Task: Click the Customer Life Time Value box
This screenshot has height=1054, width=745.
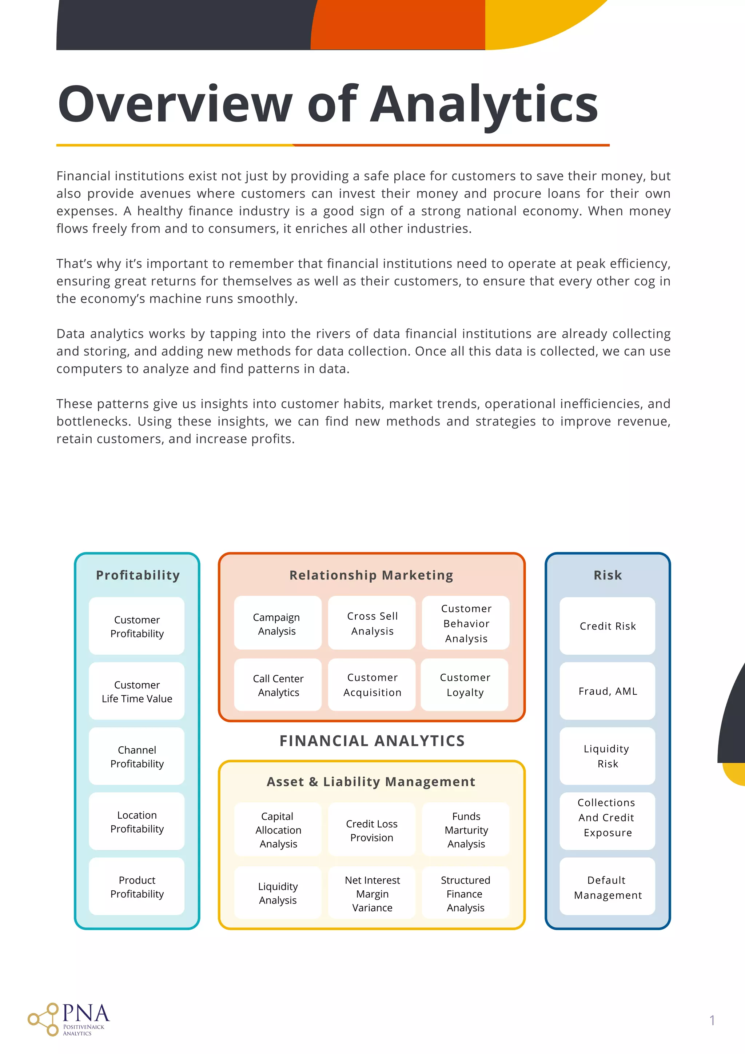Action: pos(137,691)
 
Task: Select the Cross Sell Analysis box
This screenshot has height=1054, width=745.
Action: pos(372,623)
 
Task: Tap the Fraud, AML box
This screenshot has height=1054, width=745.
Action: pos(607,691)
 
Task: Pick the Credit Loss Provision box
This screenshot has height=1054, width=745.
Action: pos(372,830)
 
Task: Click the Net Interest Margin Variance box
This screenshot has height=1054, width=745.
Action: pos(372,893)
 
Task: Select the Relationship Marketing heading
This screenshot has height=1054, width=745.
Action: pos(371,575)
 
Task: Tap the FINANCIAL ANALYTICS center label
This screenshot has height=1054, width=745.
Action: pos(372,740)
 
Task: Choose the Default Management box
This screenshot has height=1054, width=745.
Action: pos(607,887)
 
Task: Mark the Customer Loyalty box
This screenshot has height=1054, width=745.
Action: pos(465,685)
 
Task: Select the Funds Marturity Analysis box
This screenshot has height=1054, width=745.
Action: pos(466,830)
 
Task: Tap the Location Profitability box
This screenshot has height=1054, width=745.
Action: pos(137,821)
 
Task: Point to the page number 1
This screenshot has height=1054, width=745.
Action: pos(712,1020)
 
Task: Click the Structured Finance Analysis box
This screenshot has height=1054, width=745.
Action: pos(465,893)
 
